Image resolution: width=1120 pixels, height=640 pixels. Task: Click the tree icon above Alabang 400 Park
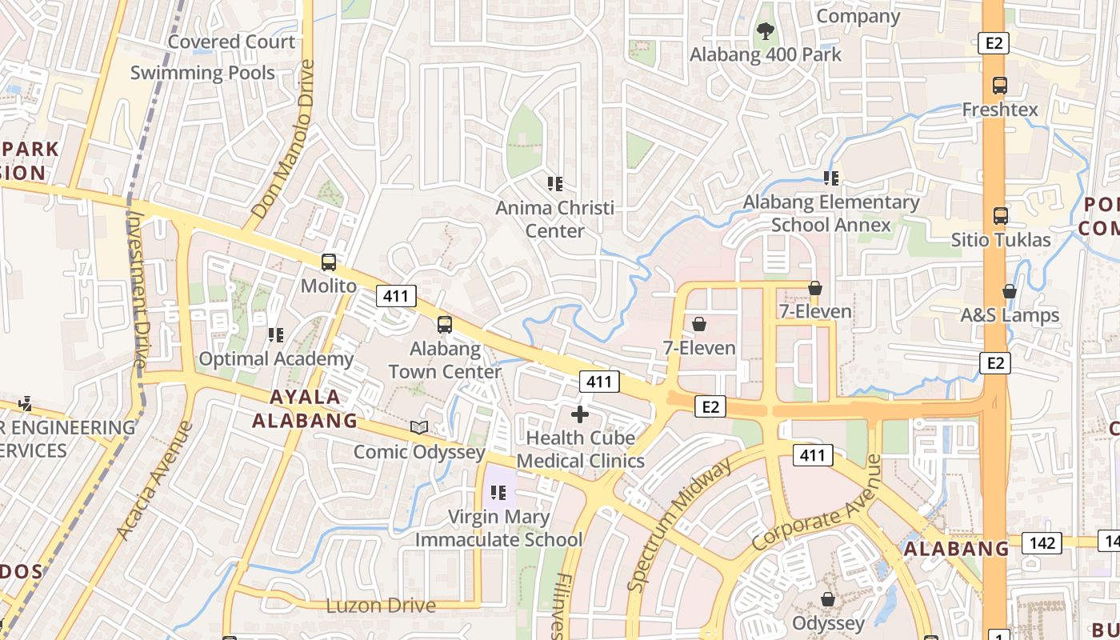766,32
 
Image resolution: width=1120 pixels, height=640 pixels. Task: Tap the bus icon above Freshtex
999,86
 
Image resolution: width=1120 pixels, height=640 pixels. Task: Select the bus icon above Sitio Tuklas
1000,215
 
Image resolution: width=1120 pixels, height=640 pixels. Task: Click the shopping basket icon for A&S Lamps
1010,291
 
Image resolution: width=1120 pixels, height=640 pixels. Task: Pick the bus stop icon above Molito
328,262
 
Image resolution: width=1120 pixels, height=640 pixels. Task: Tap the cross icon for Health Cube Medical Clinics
580,414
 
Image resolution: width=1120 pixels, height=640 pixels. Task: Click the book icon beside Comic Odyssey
419,427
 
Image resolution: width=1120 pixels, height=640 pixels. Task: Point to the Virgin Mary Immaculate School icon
498,493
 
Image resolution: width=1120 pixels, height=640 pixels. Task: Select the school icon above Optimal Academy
276,334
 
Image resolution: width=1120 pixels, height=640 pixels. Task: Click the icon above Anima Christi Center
555,184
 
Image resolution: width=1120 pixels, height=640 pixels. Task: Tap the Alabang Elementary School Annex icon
831,178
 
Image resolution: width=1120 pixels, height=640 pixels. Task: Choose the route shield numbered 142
1042,543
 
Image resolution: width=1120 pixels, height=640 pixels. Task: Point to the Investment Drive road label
138,290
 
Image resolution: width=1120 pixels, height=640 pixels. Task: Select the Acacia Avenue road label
154,480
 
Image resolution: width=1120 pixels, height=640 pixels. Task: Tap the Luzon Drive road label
381,606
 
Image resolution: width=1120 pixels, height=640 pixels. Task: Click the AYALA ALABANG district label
305,409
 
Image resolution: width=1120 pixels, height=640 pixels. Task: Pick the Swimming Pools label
202,73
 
